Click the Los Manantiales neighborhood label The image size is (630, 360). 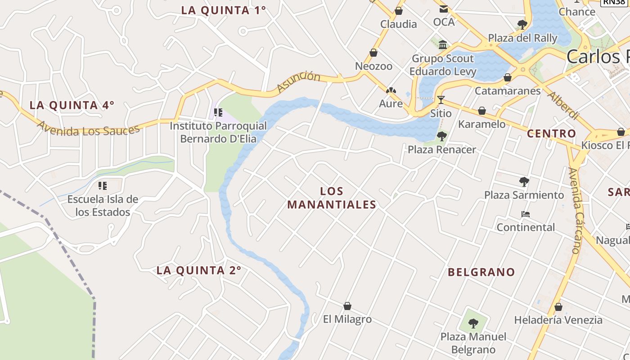(332, 198)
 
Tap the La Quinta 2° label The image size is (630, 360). (198, 270)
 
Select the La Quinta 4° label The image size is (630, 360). (72, 105)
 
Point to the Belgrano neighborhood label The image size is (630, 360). (481, 272)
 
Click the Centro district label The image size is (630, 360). (551, 133)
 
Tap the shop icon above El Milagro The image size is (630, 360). (347, 306)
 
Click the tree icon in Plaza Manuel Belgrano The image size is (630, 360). (473, 323)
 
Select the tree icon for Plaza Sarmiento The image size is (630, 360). (524, 182)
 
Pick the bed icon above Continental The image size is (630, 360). (525, 214)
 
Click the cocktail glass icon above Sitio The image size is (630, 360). (441, 100)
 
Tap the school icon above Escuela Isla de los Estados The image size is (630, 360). (103, 185)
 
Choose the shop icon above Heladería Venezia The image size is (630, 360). (558, 307)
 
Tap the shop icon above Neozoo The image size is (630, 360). (373, 53)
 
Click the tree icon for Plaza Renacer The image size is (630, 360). (442, 136)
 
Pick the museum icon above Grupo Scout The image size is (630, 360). (443, 45)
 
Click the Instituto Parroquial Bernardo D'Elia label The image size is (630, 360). (218, 132)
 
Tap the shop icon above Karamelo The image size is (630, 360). (482, 111)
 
